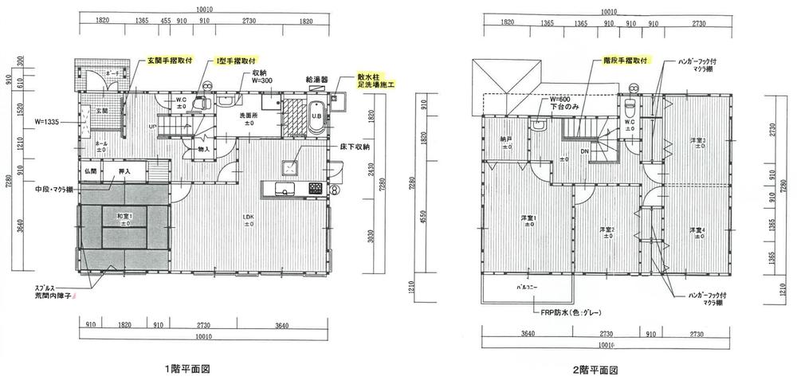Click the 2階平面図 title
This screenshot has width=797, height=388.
click(595, 370)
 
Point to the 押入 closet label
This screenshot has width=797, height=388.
click(124, 170)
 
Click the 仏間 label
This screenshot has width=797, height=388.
click(89, 170)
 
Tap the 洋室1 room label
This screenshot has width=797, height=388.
click(528, 219)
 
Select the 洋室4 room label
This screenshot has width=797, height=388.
click(697, 231)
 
